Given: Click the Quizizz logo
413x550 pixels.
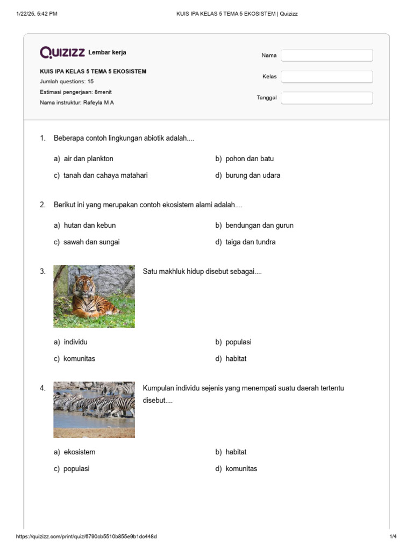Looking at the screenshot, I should [62, 52].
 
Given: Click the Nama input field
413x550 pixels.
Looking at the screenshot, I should [327, 55].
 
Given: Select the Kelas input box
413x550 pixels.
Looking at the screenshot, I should [327, 77].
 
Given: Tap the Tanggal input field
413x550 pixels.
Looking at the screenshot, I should [327, 98].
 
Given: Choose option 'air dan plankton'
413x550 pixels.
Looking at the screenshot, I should [88, 158].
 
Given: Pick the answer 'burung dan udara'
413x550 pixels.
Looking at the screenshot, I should [252, 175].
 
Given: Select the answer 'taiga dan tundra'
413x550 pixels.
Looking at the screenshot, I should [250, 242].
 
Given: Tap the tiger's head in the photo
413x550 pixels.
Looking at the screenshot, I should [83, 285].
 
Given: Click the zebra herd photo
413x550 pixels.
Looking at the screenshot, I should [94, 409].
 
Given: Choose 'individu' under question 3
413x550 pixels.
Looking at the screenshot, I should [75, 342].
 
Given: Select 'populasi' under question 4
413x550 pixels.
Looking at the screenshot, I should [76, 468].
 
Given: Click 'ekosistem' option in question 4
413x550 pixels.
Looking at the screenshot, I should [79, 452].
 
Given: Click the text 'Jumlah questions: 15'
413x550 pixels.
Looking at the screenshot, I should [67, 82].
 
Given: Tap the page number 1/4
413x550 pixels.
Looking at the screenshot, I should [393, 537].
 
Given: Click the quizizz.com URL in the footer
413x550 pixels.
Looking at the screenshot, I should [87, 537].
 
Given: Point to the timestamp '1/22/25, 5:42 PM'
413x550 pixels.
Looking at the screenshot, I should [37, 13].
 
